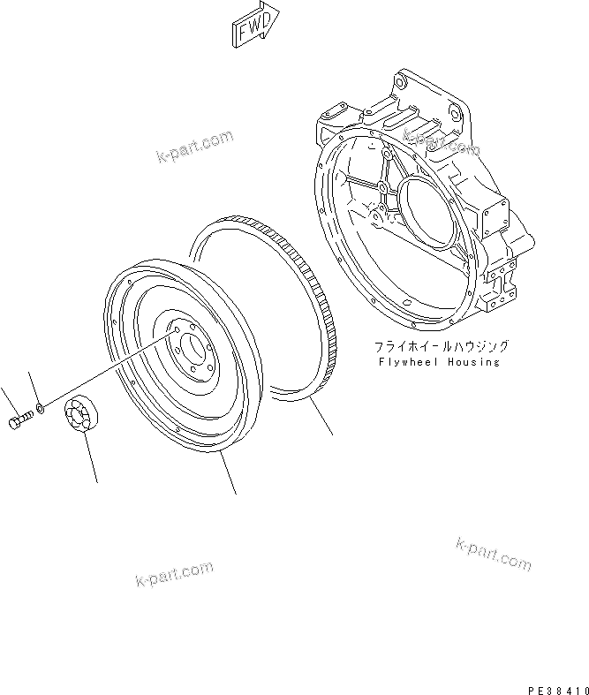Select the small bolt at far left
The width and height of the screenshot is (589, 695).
(21, 422)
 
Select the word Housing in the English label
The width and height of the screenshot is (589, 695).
(473, 361)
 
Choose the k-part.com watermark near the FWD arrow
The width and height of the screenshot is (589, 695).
(195, 147)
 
